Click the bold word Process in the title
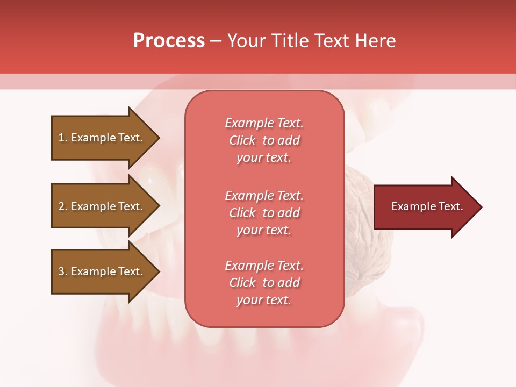pos(169,41)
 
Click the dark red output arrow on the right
pos(425,207)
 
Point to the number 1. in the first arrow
pos(63,138)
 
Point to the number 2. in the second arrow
pos(63,206)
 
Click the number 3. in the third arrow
pos(63,271)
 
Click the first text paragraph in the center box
pos(264,140)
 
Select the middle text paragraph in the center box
pos(264,213)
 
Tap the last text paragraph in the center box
pos(264,283)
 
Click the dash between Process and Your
pos(216,41)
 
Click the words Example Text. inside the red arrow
pos(427,206)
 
